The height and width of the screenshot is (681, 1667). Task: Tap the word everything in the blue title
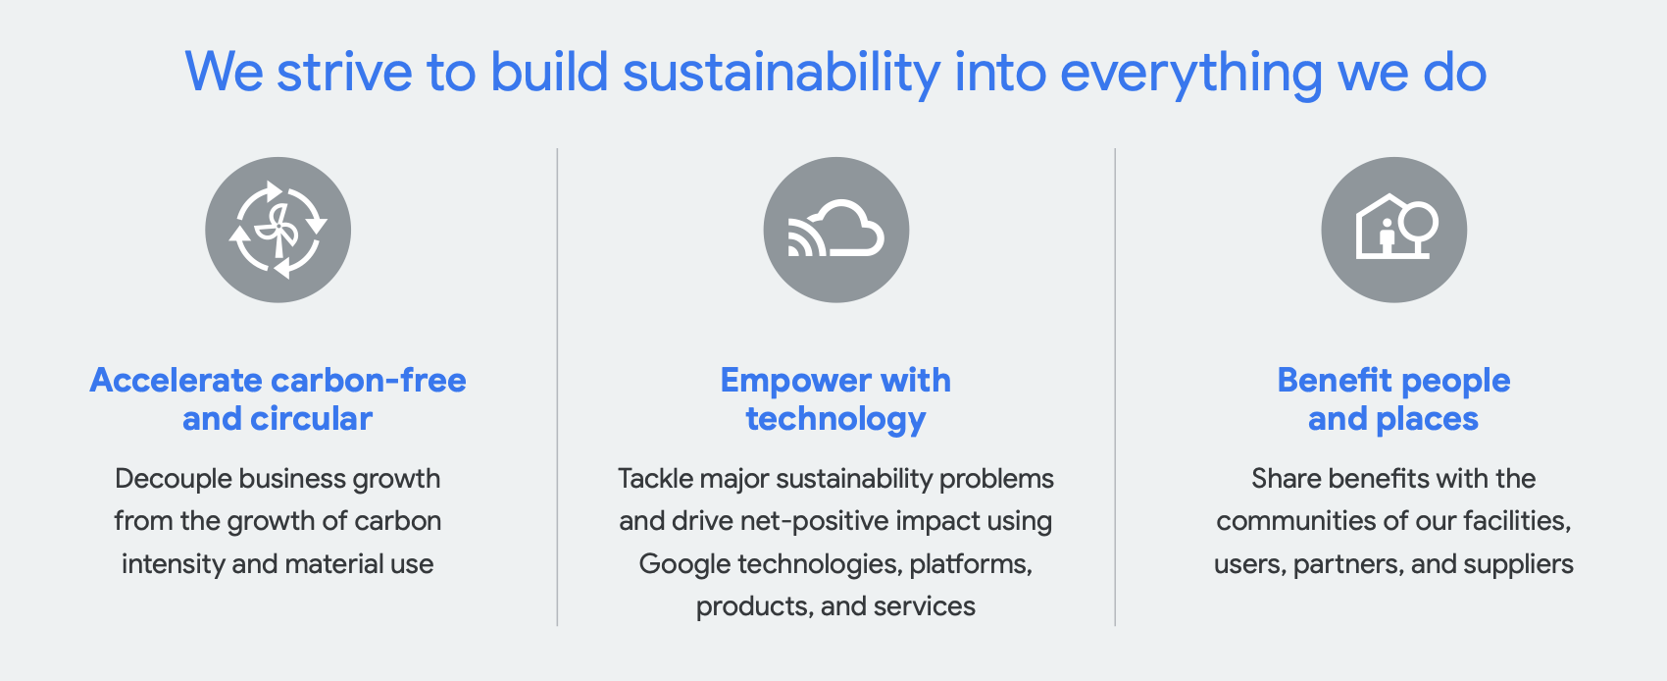pyautogui.click(x=1191, y=73)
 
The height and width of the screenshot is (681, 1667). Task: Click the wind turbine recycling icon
pyautogui.click(x=278, y=230)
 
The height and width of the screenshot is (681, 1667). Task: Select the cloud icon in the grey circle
pyautogui.click(x=836, y=230)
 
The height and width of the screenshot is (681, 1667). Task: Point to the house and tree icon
pyautogui.click(x=1393, y=230)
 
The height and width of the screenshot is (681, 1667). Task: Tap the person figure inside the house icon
pyautogui.click(x=1387, y=236)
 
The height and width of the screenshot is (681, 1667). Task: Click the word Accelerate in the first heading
pyautogui.click(x=176, y=380)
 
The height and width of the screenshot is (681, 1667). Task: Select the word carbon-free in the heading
pyautogui.click(x=368, y=380)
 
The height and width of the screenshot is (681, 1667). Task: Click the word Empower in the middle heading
pyautogui.click(x=782, y=380)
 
